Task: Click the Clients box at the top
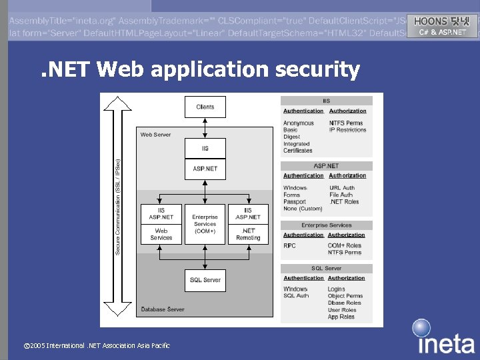tap(205, 107)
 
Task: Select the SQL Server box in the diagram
tap(205, 280)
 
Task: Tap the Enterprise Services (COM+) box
tap(205, 224)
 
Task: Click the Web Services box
tap(161, 234)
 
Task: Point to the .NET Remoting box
tap(248, 234)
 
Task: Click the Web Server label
tap(155, 135)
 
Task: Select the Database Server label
tap(163, 309)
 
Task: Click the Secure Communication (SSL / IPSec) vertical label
tap(118, 206)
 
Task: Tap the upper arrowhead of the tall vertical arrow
tap(118, 102)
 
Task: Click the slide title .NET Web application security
tap(200, 69)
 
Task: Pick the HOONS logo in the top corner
tap(442, 26)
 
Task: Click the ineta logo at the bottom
tap(445, 338)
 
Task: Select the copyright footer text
tap(97, 345)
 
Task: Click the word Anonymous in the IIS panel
tap(298, 123)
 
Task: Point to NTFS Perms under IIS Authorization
tap(346, 123)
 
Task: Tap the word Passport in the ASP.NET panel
tap(295, 201)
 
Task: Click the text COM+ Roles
tap(344, 245)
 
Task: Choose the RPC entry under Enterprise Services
tap(289, 245)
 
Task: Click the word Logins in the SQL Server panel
tap(337, 289)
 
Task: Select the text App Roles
tap(341, 317)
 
